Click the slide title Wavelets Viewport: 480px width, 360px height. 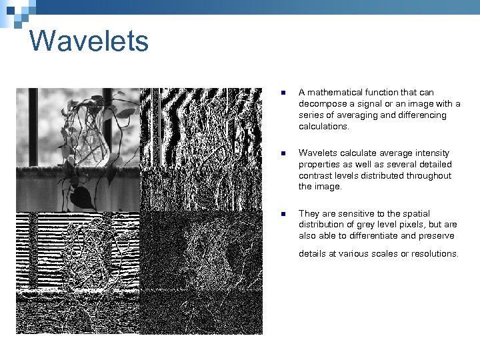[89, 41]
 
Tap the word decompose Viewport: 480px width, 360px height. [322, 104]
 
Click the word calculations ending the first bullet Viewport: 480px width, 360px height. [323, 127]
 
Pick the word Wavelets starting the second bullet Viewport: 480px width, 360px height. [317, 153]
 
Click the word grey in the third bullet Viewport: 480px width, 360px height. [366, 225]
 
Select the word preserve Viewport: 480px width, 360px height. [440, 236]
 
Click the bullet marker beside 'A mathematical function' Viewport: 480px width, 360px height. [283, 93]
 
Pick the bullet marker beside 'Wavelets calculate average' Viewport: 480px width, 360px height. [283, 153]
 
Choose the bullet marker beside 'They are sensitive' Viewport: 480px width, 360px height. [283, 214]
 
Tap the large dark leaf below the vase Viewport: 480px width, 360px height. [81, 197]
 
